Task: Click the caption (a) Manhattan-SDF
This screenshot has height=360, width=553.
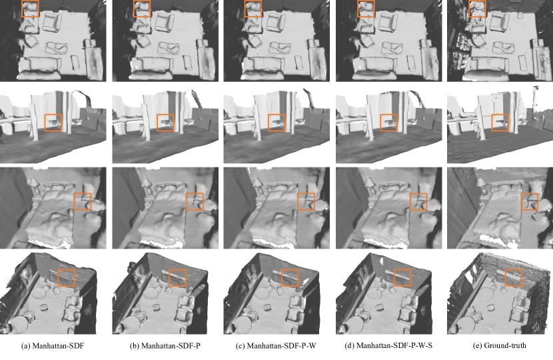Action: point(53,345)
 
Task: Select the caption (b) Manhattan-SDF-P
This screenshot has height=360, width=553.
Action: point(165,345)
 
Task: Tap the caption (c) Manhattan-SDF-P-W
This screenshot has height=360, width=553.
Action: point(276,345)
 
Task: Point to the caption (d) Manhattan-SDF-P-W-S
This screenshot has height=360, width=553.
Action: point(388,345)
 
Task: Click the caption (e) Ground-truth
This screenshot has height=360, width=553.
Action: point(499,345)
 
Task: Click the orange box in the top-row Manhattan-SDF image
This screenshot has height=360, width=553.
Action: point(22,9)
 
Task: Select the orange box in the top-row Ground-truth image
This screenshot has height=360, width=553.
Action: point(469,9)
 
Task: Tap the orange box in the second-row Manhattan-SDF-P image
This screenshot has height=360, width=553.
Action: point(157,123)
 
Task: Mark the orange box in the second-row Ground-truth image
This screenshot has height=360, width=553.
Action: point(492,123)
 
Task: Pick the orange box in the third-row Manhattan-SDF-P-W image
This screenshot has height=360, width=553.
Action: point(298,201)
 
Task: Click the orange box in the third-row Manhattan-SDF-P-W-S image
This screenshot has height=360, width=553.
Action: point(410,201)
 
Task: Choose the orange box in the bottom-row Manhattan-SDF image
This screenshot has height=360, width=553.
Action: point(58,278)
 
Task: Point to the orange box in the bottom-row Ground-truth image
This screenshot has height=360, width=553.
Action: point(506,278)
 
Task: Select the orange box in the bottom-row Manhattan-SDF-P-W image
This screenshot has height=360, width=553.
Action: point(282,278)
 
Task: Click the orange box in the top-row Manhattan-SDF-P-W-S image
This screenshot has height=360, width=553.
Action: point(358,9)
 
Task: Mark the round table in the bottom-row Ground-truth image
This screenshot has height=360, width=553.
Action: point(488,293)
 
